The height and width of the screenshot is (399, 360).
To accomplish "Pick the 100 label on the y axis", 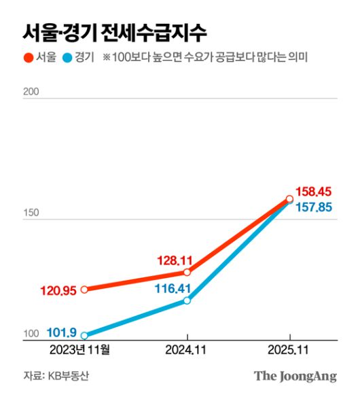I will [31, 334].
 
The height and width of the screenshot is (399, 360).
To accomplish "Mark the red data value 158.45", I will [314, 192].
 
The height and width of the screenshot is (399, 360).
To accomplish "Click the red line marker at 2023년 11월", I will [84, 290].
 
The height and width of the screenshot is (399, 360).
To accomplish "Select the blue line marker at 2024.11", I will [187, 300].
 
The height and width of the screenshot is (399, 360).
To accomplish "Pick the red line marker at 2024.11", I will [187, 273].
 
